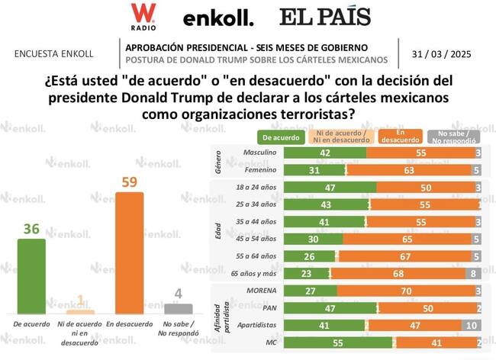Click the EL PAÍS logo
coord(324,17)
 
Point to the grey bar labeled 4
coord(178,308)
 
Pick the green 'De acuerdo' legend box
coord(280,138)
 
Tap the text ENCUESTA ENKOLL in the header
coord(54,54)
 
